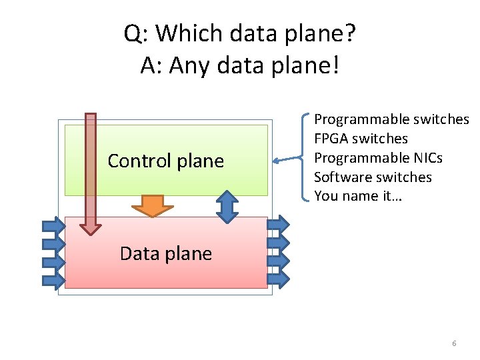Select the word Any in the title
[x=189, y=65]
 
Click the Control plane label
[x=166, y=161]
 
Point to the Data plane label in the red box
[x=166, y=253]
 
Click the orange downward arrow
[x=153, y=206]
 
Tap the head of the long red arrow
[x=91, y=226]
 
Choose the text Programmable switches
[x=391, y=119]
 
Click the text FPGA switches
[x=361, y=139]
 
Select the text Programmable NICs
[x=378, y=158]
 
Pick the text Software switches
[x=373, y=177]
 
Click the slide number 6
[x=454, y=343]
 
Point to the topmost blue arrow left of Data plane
[x=54, y=227]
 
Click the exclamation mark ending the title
[x=335, y=65]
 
